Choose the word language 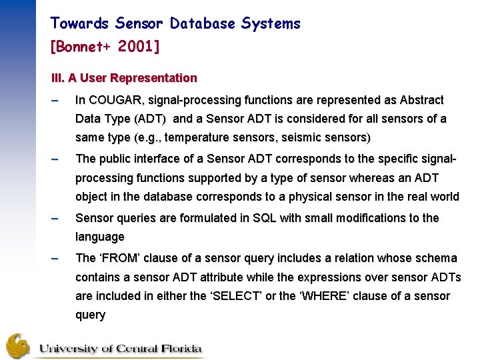click(x=100, y=237)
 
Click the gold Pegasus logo click(x=18, y=346)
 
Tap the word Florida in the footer click(x=175, y=348)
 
